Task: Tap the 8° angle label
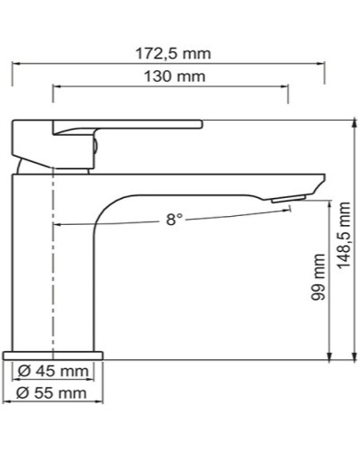pos(174,220)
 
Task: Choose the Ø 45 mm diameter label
pos(52,372)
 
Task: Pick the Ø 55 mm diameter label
pos(52,393)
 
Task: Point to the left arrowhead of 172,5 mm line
pos(14,64)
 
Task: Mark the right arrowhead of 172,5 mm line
pos(321,64)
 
